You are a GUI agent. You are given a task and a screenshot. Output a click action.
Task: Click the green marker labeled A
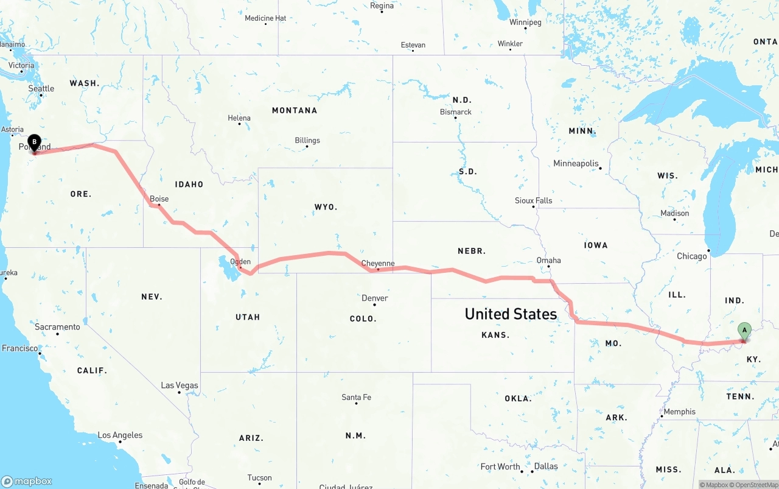[x=744, y=331]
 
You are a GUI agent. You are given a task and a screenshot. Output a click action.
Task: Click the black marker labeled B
[x=35, y=142]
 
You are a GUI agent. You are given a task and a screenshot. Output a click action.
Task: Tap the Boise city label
[x=159, y=199]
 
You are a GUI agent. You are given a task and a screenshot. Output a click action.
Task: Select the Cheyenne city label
[x=378, y=264]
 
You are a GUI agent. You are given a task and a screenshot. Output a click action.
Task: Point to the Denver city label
[x=375, y=298]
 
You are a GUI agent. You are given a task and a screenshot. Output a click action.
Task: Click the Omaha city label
[x=548, y=260]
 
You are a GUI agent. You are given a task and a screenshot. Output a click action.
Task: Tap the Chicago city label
[x=692, y=256]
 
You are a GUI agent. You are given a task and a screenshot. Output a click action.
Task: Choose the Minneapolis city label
[x=576, y=163]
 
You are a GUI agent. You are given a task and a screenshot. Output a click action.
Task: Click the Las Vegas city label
[x=180, y=385]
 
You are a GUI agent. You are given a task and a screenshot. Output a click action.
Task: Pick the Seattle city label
[x=41, y=88]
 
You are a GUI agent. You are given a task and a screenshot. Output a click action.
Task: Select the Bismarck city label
[x=456, y=112]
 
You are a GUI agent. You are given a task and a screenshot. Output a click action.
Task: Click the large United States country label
[x=511, y=314]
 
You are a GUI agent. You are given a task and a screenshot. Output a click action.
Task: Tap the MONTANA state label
[x=295, y=110]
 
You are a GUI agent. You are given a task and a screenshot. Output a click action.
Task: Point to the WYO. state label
[x=326, y=207]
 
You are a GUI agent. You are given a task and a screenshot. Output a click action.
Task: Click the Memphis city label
[x=679, y=412]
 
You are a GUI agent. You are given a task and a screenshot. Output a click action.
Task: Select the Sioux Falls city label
[x=534, y=200]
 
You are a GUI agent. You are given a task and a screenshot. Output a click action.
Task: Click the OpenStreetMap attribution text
[x=756, y=485]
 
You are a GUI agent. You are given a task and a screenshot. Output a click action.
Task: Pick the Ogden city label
[x=240, y=262]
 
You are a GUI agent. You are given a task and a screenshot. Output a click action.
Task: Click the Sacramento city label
[x=57, y=327]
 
